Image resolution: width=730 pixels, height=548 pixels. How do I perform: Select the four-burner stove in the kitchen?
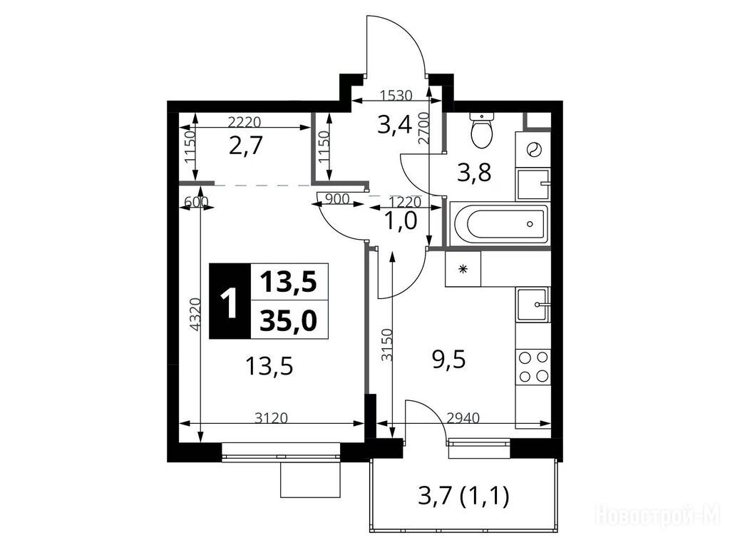coord(533,366)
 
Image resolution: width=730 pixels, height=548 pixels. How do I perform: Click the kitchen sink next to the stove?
coord(533,305)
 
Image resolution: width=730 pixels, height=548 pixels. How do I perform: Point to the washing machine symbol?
coord(533,150)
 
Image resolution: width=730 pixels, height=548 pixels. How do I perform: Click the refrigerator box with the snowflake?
coord(463,269)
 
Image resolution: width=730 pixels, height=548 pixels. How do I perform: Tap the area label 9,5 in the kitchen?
coord(449,360)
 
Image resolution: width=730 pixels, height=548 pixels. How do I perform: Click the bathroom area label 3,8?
coord(474,173)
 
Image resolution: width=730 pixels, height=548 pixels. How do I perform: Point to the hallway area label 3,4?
coord(395,125)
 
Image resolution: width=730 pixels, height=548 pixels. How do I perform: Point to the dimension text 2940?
coord(463,418)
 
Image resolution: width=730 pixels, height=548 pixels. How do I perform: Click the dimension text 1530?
coord(396,96)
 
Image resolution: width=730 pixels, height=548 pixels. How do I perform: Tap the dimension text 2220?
coord(245,122)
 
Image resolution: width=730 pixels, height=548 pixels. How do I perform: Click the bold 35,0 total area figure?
coord(289,320)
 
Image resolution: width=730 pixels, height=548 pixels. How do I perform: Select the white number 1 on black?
coord(230,301)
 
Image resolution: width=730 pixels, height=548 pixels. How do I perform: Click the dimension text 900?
coord(336,199)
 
